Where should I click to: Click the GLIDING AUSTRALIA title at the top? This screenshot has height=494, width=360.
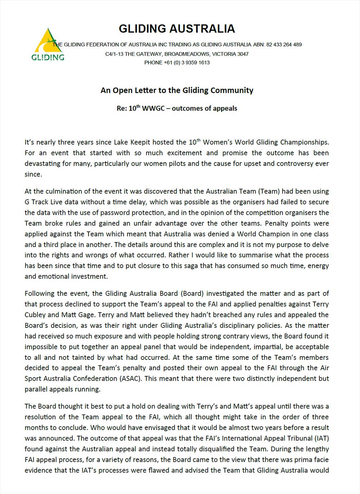[x=177, y=29]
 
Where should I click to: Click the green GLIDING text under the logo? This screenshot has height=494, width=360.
[x=48, y=58]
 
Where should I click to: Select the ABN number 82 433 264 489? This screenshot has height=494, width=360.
[x=284, y=45]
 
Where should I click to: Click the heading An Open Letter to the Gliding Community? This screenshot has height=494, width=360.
[x=177, y=90]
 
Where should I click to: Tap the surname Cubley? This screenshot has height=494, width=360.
[x=35, y=315]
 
